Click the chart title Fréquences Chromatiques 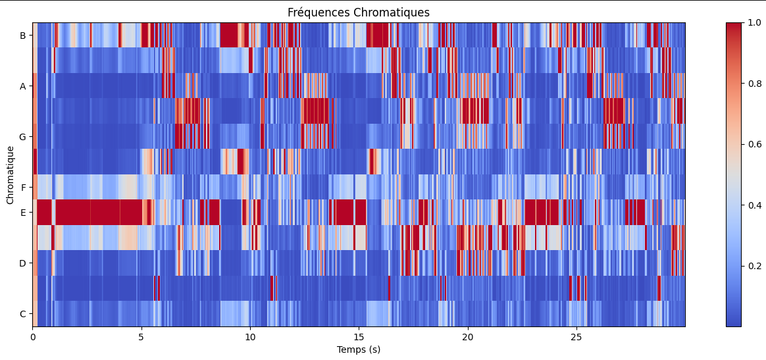359,13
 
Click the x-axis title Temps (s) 359,349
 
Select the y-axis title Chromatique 10,174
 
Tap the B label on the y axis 22,36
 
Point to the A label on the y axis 22,86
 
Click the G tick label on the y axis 22,137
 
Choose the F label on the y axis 23,188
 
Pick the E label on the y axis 23,213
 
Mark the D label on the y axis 22,263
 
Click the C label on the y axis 22,314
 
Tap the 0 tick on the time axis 33,337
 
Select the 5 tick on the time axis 141,337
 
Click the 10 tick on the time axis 250,337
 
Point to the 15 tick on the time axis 359,337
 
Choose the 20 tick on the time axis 467,337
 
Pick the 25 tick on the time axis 576,337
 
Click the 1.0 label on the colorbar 754,22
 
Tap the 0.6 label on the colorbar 754,144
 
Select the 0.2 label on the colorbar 754,266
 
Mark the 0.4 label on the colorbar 754,205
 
